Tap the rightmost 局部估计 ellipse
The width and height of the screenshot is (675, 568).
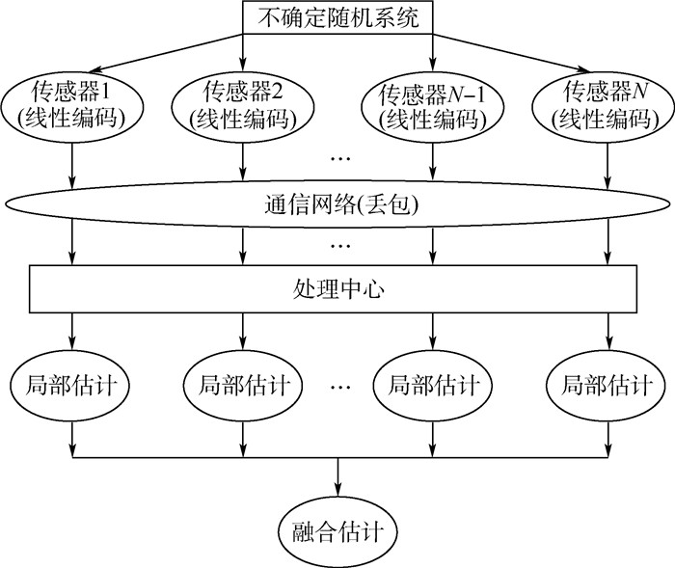[x=606, y=386]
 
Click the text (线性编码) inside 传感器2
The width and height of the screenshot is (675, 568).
[x=242, y=119]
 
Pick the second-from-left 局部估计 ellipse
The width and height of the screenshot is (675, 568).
[x=242, y=386]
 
